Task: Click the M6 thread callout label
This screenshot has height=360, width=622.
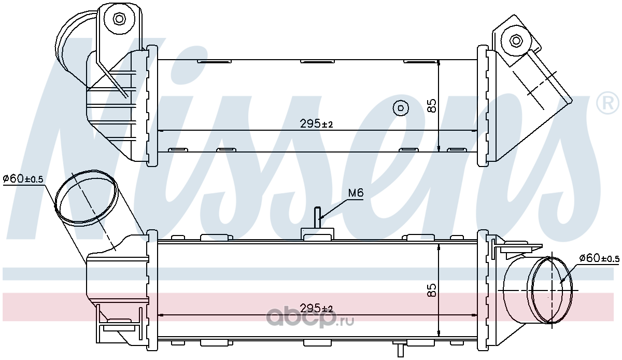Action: [356, 192]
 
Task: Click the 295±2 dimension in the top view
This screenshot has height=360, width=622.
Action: [317, 123]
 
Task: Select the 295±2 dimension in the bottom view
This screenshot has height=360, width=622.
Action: [317, 308]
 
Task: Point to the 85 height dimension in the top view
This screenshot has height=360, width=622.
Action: [432, 106]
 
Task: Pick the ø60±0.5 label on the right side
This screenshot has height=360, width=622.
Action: [599, 258]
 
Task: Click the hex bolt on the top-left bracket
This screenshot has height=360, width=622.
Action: [119, 19]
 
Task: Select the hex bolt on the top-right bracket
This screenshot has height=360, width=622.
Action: [516, 41]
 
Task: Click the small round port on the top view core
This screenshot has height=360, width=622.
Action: [401, 108]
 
